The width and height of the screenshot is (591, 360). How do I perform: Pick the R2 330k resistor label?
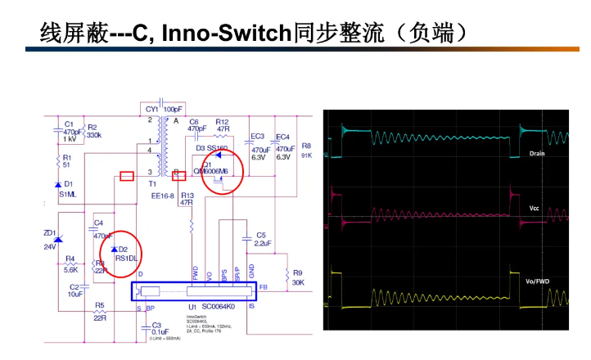[93, 131]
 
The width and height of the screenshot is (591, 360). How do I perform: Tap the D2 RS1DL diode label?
[122, 253]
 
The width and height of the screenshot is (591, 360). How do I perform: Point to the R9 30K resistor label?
[297, 277]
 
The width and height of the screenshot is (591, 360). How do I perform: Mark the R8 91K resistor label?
[306, 149]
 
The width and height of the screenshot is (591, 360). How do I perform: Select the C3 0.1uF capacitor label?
[160, 328]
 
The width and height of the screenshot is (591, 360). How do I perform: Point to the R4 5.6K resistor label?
[71, 263]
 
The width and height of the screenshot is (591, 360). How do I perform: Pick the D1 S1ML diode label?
[67, 189]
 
